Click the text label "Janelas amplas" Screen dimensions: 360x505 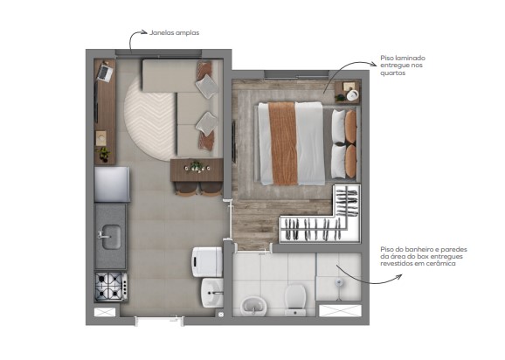coord(175,32)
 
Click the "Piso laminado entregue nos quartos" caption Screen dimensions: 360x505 coord(404,66)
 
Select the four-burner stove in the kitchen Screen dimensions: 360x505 coord(111,285)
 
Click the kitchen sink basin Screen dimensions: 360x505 coord(110,235)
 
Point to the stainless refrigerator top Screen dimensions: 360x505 coord(112,183)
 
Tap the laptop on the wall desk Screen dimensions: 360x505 coord(104,73)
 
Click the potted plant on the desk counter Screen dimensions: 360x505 coord(105,154)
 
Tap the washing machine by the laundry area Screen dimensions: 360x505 coord(208,260)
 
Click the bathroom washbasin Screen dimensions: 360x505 coord(254,304)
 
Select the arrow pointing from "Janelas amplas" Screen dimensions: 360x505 coord(136,37)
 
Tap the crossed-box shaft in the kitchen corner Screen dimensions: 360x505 coord(106,311)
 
